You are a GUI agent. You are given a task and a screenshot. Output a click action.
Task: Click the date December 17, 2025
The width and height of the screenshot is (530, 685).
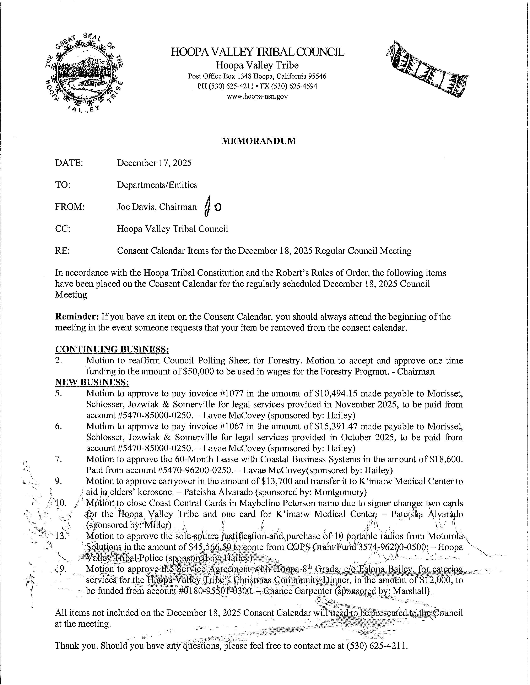154,163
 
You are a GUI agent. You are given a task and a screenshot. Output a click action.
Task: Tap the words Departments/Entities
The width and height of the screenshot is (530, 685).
157,185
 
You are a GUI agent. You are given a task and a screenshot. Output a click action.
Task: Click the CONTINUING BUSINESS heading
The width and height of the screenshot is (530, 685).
112,349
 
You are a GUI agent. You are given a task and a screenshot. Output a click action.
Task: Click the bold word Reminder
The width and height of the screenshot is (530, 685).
77,317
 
